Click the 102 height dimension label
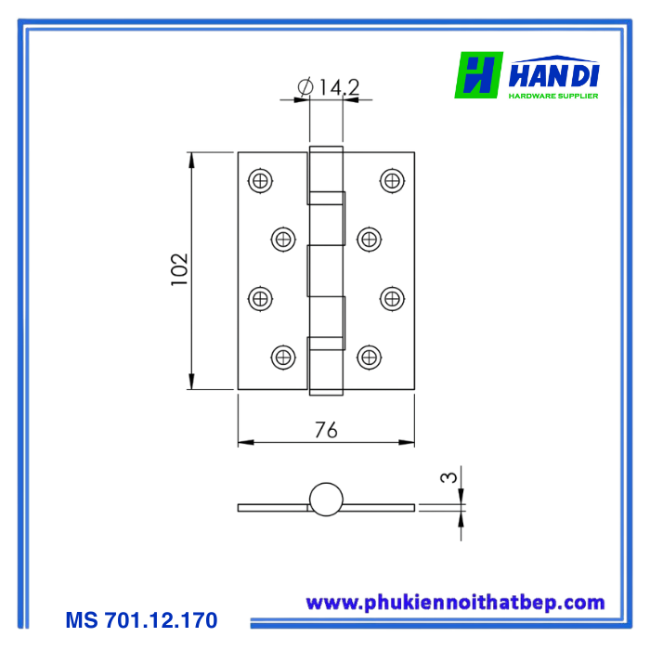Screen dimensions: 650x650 coord(180,269)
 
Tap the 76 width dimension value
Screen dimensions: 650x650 coord(326,430)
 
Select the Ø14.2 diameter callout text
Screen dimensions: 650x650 coord(329,86)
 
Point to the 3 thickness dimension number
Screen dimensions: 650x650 coord(448,477)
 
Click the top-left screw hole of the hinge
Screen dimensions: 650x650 coord(260,181)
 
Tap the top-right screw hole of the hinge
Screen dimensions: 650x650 coord(392,181)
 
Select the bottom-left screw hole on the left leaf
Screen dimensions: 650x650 coord(283,357)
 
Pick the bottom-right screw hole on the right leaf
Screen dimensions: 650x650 coord(369,357)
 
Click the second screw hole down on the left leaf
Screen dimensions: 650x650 coord(283,240)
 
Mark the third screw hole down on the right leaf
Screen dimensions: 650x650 coord(392,298)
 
